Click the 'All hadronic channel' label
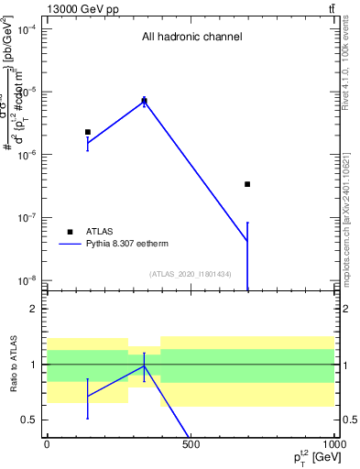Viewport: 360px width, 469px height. coord(191,38)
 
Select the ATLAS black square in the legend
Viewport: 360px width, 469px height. coord(70,232)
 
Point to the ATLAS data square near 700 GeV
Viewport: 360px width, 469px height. coord(247,184)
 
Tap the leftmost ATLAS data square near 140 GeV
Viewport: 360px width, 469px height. coord(88,132)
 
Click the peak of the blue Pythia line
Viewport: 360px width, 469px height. coord(144,100)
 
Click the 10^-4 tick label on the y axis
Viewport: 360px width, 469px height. coord(27,29)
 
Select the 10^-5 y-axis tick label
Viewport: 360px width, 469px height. coord(27,92)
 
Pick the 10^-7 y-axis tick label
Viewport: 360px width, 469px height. coord(27,217)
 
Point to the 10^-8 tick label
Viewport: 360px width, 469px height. coord(27,280)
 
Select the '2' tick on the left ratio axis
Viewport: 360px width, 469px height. coord(35,309)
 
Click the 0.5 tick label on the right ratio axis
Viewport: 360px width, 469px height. coord(349,420)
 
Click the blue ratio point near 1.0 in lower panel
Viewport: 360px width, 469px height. coord(144,366)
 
